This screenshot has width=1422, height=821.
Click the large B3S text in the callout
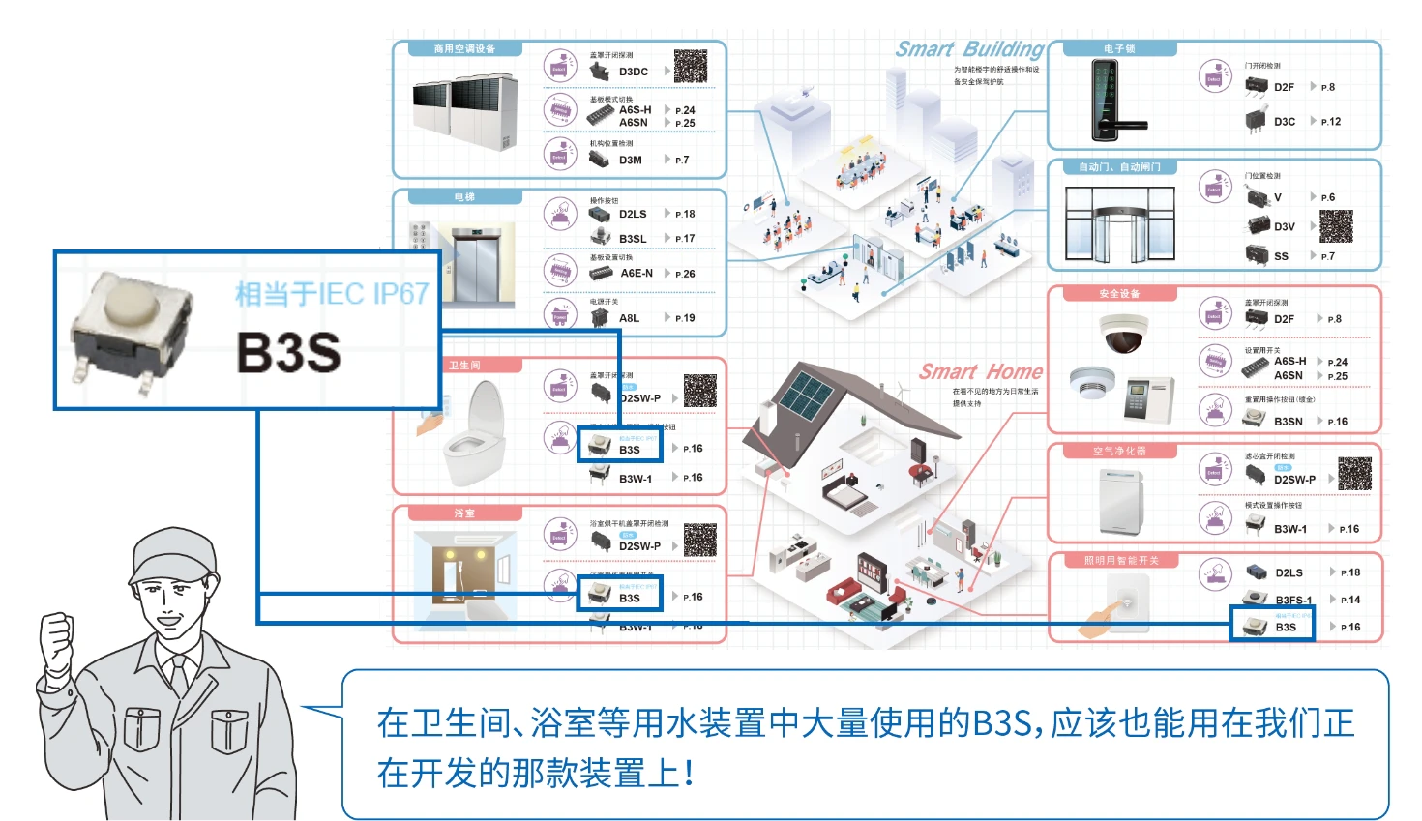(x=288, y=352)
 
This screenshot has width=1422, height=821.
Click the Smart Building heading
(x=969, y=49)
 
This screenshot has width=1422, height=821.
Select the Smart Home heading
(x=980, y=372)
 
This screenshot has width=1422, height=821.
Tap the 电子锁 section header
(x=1119, y=49)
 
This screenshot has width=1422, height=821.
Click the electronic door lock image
(x=1109, y=101)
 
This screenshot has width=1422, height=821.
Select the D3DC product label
(x=634, y=72)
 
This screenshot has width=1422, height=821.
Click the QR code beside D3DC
(x=691, y=66)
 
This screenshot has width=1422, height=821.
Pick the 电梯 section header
(x=464, y=197)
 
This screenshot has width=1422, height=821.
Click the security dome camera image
(x=1123, y=335)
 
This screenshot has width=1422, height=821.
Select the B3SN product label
(x=1288, y=422)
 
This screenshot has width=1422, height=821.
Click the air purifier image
(x=1121, y=500)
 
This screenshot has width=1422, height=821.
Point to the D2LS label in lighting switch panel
(x=1289, y=572)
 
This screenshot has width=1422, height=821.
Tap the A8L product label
(x=629, y=318)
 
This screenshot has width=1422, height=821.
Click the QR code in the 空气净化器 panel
(x=1354, y=474)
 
